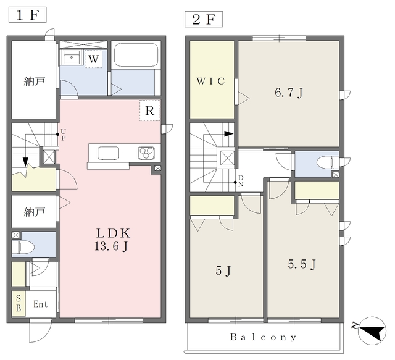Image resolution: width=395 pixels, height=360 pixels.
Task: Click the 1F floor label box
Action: click(28, 15)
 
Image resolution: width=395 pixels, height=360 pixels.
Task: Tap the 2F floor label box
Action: click(204, 19)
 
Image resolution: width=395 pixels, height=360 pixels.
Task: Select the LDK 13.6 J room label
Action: click(113, 240)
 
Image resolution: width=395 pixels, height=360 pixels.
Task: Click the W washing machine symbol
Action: click(93, 59)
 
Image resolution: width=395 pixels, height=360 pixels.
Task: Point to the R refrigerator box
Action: click(150, 111)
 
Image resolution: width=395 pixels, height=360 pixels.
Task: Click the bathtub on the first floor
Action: click(136, 54)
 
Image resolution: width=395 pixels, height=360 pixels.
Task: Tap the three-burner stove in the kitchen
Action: click(146, 153)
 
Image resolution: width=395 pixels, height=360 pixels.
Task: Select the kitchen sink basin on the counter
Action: click(109, 153)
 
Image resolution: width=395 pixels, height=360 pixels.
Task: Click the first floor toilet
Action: click(23, 247)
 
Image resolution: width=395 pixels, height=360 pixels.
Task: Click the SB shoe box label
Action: click(19, 304)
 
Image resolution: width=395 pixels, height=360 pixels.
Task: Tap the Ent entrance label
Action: click(41, 304)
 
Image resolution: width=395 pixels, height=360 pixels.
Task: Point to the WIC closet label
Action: click(210, 81)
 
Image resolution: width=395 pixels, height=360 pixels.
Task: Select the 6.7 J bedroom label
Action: click(289, 93)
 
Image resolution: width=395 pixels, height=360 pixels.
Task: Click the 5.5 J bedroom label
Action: click(302, 264)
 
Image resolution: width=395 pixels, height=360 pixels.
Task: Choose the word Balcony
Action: click(264, 337)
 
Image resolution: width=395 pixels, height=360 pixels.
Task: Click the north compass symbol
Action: click(372, 330)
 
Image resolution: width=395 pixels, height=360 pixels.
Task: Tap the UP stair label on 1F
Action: click(63, 135)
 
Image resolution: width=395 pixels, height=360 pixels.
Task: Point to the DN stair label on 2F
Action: click(241, 181)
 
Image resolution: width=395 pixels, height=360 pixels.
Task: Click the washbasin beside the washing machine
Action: click(72, 57)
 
